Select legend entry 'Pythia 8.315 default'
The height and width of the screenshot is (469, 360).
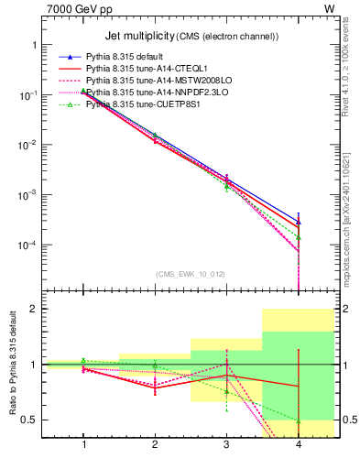click(137, 57)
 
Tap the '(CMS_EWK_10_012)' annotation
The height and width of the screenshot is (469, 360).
click(191, 273)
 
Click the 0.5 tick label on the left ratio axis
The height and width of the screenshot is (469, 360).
click(31, 420)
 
